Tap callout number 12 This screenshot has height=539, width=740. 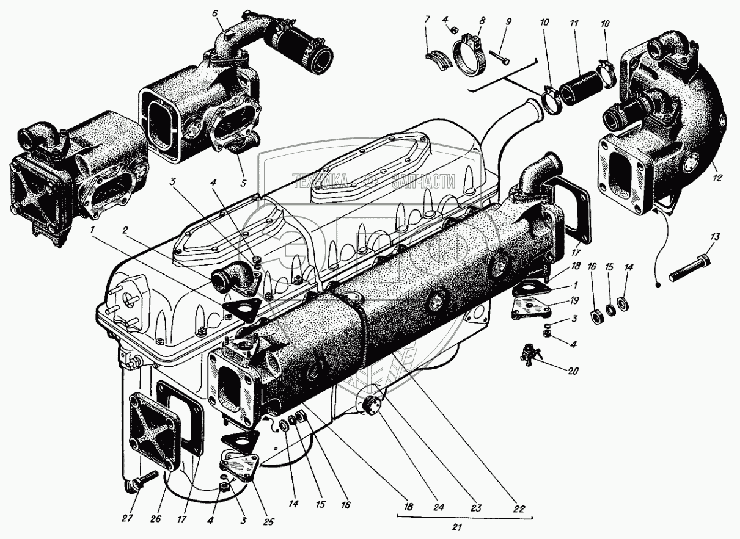pyautogui.click(x=717, y=178)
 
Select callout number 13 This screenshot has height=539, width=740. pyautogui.click(x=716, y=236)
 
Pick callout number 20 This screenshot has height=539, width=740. pyautogui.click(x=574, y=371)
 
